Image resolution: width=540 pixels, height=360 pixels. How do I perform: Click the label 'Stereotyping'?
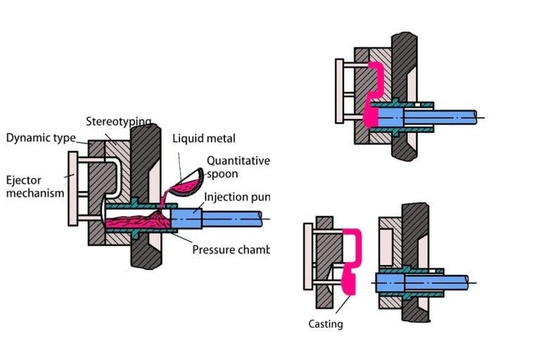click(118, 122)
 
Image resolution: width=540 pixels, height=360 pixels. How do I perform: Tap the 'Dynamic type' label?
click(40, 138)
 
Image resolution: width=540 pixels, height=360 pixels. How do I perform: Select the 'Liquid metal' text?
click(204, 139)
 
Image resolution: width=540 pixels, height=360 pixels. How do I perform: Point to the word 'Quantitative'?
click(238, 160)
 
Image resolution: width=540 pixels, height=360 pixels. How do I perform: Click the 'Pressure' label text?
click(215, 250)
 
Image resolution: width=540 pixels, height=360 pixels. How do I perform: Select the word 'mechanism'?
click(34, 192)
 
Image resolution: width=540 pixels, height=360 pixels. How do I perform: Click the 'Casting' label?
click(326, 324)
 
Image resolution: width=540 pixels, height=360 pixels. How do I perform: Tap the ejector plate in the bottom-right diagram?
click(307, 256)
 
